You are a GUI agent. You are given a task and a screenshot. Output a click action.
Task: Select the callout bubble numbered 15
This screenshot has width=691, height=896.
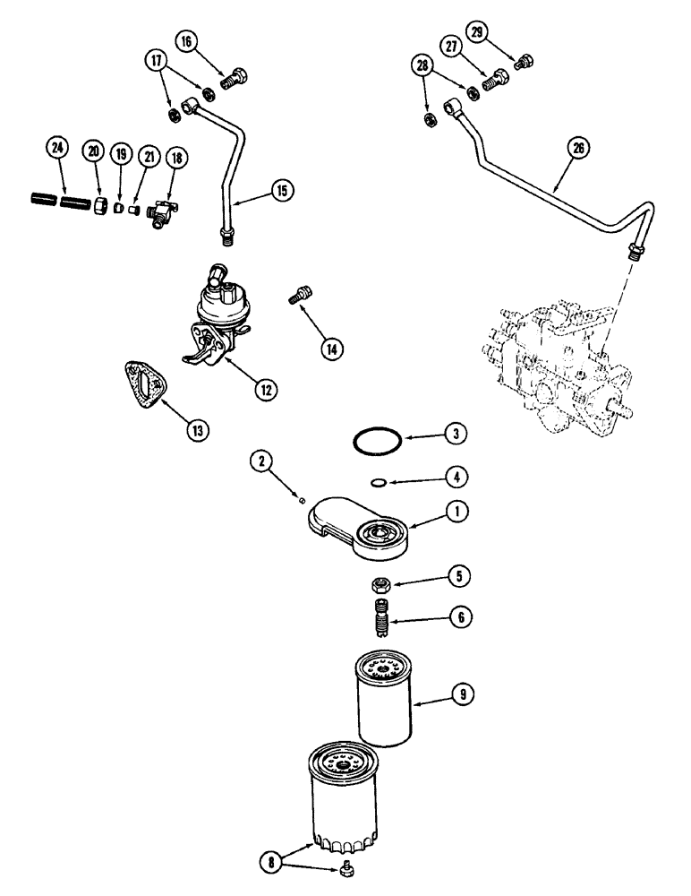pyautogui.click(x=282, y=191)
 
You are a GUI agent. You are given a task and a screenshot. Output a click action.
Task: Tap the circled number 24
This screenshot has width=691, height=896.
pyautogui.click(x=58, y=148)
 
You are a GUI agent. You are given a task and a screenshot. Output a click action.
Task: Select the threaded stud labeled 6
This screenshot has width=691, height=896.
pyautogui.click(x=380, y=619)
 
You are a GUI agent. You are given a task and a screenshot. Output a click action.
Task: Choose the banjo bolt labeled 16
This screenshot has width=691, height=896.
pyautogui.click(x=235, y=80)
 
